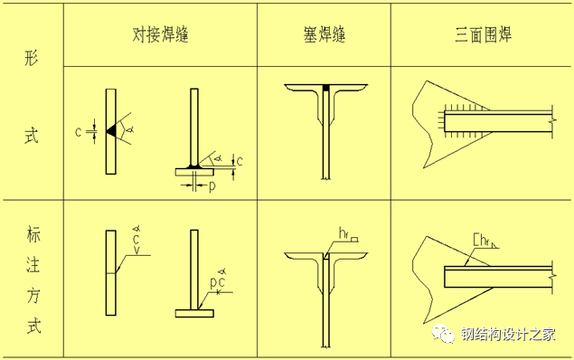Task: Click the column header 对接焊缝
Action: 160,34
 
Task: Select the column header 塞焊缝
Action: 325,34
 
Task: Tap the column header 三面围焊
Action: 483,34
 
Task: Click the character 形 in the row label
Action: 32,58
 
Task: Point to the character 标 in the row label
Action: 33,234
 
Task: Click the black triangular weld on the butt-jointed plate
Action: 112,131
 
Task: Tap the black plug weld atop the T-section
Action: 325,89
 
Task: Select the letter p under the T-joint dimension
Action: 212,186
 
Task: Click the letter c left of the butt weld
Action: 78,132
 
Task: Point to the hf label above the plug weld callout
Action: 343,233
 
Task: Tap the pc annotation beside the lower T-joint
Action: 218,283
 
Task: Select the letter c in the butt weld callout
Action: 136,240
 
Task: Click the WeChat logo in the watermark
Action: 443,334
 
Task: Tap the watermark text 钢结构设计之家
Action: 508,334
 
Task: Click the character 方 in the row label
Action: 33,295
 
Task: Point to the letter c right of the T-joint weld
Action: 240,162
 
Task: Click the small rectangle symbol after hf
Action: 354,240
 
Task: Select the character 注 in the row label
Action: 33,264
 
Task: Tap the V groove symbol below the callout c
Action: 136,251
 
